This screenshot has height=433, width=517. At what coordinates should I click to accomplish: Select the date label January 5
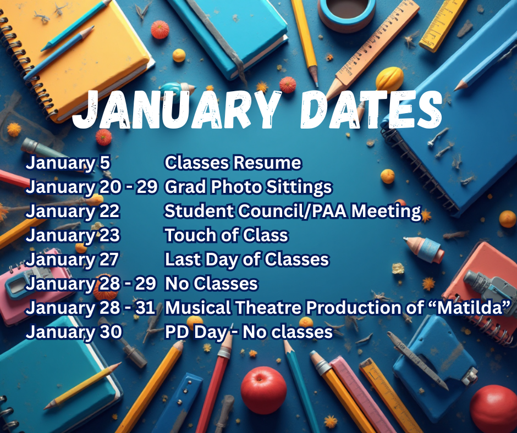tap(68, 163)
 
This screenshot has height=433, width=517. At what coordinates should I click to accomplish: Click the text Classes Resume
tap(233, 163)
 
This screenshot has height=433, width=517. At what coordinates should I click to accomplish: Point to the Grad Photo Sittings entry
tap(248, 187)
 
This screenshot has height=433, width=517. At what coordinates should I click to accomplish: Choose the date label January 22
tap(73, 212)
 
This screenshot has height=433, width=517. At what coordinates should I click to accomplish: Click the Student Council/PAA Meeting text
tap(293, 212)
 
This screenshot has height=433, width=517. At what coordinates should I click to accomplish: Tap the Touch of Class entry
tap(226, 236)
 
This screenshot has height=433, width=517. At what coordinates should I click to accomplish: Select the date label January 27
tap(73, 260)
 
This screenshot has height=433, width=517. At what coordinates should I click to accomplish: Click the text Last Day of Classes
tap(246, 260)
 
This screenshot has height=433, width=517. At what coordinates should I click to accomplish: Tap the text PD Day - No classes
tap(249, 332)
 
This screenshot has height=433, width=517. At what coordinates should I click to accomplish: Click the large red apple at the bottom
tap(263, 390)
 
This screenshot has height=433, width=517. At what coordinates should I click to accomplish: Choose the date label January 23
tap(73, 236)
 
